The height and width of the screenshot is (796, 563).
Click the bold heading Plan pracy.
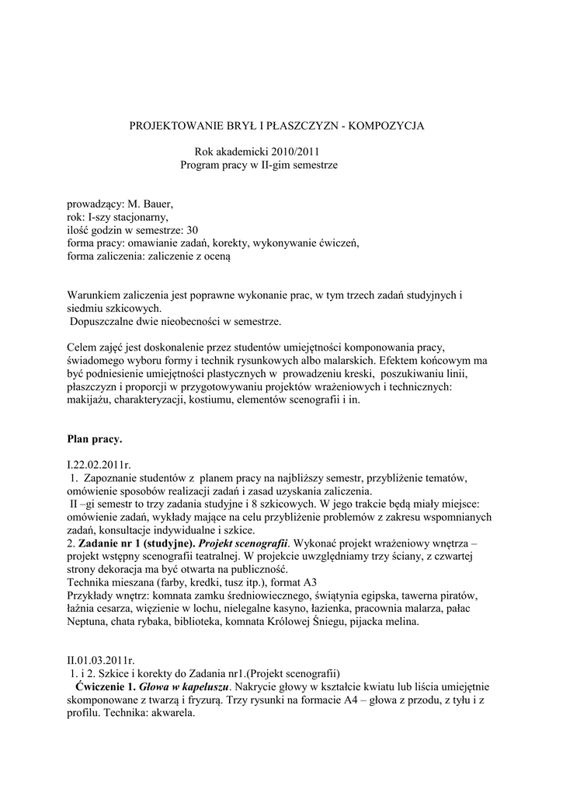click(x=95, y=439)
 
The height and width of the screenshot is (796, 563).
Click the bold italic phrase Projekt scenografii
click(x=254, y=542)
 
